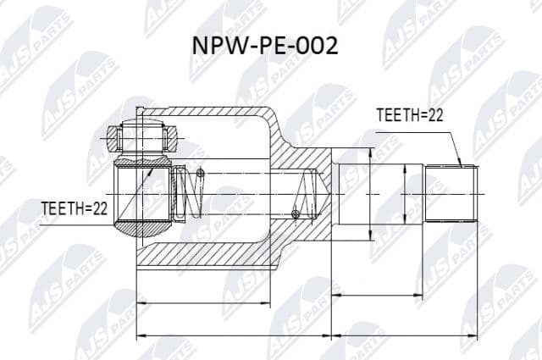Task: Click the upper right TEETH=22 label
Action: click(410, 116)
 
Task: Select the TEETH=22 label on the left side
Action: click(75, 209)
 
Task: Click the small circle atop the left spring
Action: click(201, 174)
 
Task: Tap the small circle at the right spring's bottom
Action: click(295, 213)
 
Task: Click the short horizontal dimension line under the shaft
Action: click(377, 295)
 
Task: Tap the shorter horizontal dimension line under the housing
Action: click(203, 302)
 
